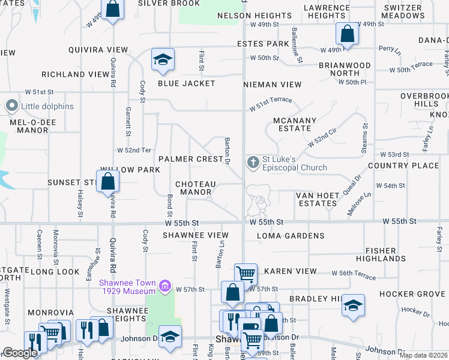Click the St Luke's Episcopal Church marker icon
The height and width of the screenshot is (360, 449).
click(253, 162)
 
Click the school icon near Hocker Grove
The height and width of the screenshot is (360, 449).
click(354, 305)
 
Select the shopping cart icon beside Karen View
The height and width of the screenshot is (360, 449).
click(246, 274)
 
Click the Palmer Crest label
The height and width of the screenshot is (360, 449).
click(191, 159)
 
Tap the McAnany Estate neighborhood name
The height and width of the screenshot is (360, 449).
click(294, 124)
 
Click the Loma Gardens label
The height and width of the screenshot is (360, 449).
click(291, 236)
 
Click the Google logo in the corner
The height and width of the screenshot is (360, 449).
click(20, 353)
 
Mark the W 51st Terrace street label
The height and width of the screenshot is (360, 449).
click(271, 103)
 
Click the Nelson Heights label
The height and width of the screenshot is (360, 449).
click(255, 15)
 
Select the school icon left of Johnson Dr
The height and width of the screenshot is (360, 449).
click(170, 336)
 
